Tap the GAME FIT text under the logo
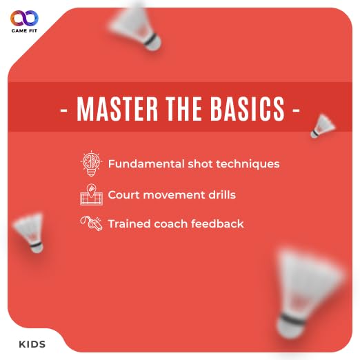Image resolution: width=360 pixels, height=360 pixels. coord(24,31)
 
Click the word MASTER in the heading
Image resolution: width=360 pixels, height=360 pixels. coord(117,108)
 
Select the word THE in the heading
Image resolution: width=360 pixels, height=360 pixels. coord(184,108)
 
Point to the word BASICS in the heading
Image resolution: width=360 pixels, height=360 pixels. coord(248,108)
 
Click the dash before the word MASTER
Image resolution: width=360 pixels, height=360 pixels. coord(63,110)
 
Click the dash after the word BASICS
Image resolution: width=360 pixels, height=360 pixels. coord(296,110)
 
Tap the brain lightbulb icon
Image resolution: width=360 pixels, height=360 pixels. coord(91,163)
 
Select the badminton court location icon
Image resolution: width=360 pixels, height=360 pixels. coord(91,194)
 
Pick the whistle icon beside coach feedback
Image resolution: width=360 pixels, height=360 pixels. coord(91,223)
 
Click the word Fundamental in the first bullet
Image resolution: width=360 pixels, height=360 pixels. coord(146,164)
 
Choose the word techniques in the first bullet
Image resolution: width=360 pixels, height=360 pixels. coord(248,165)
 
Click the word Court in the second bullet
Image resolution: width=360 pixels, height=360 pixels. coord(124,195)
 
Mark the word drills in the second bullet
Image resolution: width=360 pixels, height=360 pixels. coord(222,194)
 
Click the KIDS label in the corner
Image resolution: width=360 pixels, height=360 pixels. coord(32,344)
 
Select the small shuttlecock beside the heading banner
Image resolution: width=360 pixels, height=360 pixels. coord(323,126)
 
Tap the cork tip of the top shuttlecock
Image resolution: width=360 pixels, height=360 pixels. coord(153,43)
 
